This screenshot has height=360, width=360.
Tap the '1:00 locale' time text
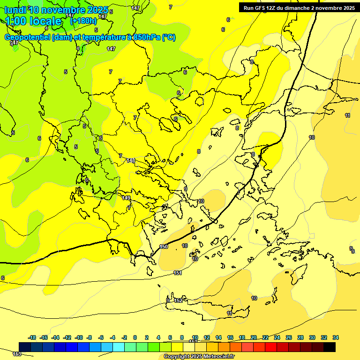click(33, 21)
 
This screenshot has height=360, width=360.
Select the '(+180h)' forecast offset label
click(83, 21)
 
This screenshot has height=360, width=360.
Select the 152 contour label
click(178, 300)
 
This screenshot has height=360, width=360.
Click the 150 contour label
click(164, 247)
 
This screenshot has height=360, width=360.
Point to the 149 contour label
click(126, 198)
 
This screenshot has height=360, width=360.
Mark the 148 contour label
click(131, 160)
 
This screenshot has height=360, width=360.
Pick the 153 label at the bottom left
click(17, 354)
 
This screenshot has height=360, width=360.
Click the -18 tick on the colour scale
click(32, 337)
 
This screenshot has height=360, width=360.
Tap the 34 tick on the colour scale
click(336, 337)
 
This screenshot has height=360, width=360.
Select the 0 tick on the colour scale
click(135, 337)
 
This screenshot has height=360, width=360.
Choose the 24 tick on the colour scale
click(277, 337)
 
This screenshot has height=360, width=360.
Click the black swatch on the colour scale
click(330, 347)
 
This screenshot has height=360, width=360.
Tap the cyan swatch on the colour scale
click(119, 347)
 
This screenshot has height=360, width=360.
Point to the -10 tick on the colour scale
click(79, 337)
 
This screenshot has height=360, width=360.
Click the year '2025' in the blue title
click(97, 10)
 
